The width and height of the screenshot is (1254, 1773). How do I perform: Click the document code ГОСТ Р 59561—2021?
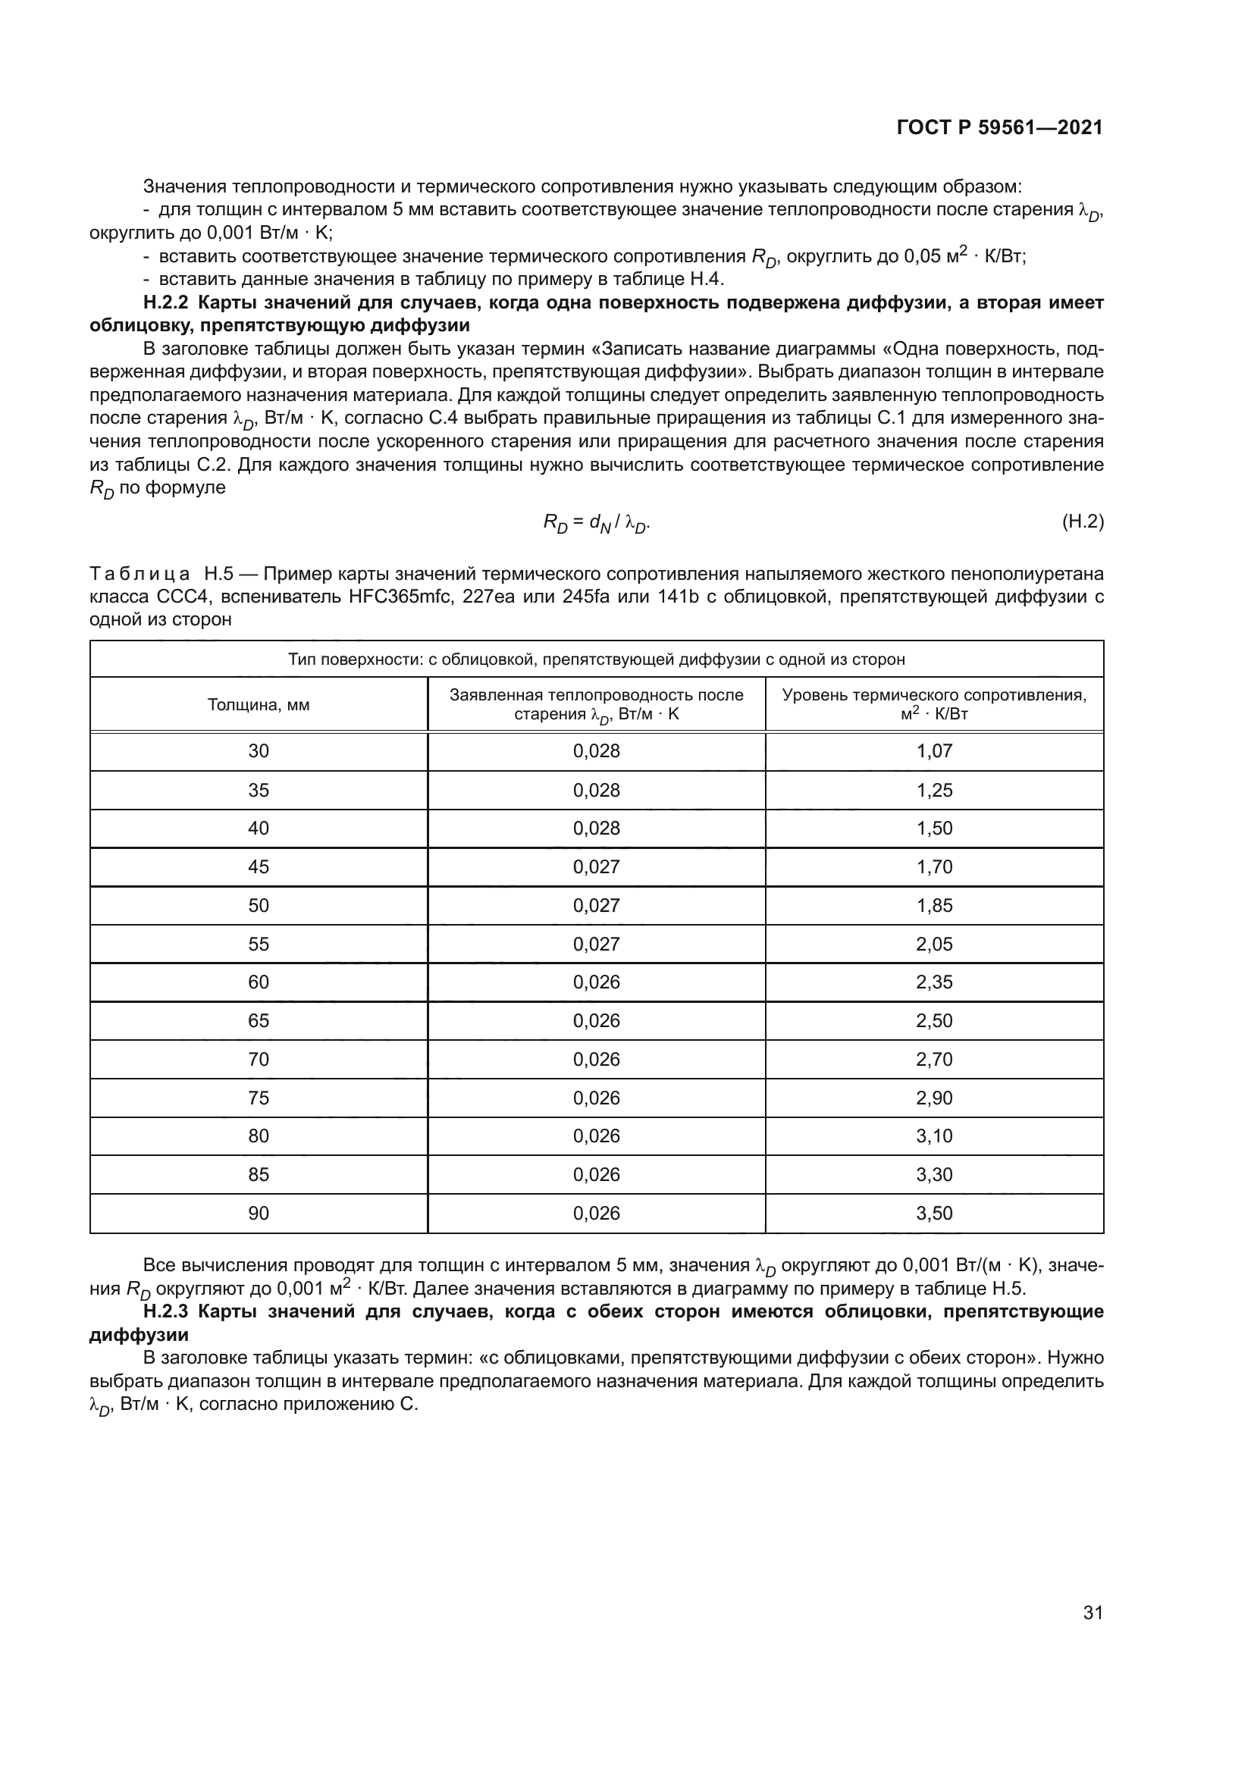click(x=999, y=128)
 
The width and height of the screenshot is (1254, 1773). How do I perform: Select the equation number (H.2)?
click(x=1083, y=522)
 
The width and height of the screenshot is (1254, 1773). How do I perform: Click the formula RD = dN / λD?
click(x=596, y=524)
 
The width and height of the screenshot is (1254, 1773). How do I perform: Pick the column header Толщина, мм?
click(x=259, y=704)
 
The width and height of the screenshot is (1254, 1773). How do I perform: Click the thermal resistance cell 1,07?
click(x=934, y=750)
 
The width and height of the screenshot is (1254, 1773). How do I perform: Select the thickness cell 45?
click(x=259, y=866)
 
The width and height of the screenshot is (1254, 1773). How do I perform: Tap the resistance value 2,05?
click(x=934, y=944)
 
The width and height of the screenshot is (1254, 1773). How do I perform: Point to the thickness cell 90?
click(x=259, y=1213)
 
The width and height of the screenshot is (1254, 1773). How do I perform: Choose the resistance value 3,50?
click(x=934, y=1213)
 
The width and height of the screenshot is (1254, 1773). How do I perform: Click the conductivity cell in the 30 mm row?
click(x=596, y=750)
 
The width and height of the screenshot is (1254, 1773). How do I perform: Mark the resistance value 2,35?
click(x=934, y=982)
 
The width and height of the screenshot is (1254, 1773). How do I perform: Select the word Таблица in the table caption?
click(x=140, y=574)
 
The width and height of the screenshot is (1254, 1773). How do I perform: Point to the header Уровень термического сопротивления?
click(x=934, y=695)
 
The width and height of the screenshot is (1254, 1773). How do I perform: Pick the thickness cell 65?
click(x=259, y=1021)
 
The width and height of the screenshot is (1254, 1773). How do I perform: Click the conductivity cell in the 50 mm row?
click(x=596, y=905)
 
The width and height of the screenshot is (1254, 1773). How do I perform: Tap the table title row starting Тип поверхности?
click(x=596, y=659)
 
